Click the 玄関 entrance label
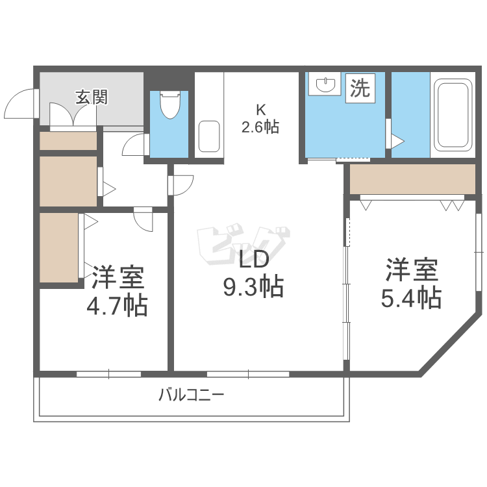[92, 98]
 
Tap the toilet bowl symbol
[169, 105]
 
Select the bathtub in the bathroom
[452, 114]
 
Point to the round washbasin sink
[324, 84]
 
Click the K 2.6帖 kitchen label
[260, 119]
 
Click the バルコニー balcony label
[191, 395]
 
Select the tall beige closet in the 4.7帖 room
[58, 247]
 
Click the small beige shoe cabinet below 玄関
[68, 141]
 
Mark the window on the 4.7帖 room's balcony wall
[108, 374]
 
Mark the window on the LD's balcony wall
[248, 374]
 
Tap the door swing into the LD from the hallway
[182, 185]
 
